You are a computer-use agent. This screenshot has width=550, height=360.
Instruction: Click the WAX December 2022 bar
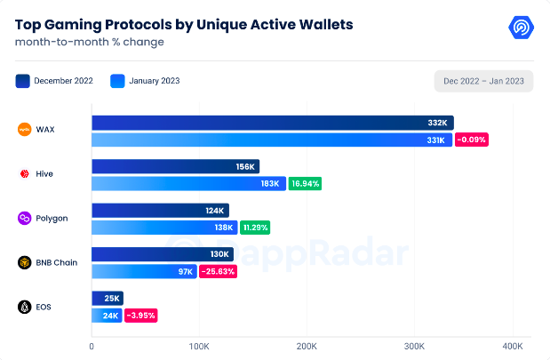[272, 123]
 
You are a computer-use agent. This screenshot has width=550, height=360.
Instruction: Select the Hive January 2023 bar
[188, 184]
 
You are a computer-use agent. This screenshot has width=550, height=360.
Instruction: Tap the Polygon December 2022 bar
[160, 211]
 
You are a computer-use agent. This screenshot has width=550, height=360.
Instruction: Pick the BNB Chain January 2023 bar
[144, 271]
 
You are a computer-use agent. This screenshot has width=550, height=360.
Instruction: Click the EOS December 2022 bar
[108, 298]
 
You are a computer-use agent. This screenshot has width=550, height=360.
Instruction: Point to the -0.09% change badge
[472, 140]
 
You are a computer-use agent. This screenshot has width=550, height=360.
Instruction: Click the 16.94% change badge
[305, 184]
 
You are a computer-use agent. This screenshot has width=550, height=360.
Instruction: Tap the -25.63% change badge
[218, 271]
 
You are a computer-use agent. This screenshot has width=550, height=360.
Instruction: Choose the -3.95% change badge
[141, 315]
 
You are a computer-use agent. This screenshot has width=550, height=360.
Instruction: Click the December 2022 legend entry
[56, 81]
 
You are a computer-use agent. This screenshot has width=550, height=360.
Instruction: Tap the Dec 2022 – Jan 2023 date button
[483, 81]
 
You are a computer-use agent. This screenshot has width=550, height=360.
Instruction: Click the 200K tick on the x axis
[307, 345]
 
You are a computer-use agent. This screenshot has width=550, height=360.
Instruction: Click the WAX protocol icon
[24, 130]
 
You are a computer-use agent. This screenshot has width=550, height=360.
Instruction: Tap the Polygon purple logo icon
[24, 218]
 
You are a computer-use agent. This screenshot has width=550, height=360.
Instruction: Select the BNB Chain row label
[58, 262]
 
